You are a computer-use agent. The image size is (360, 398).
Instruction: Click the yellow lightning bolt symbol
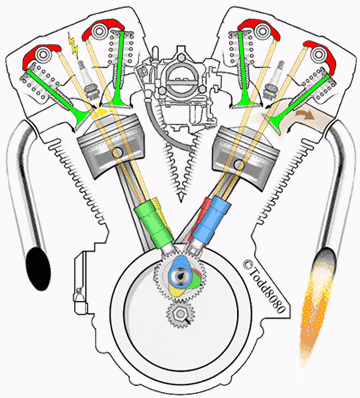(72, 46)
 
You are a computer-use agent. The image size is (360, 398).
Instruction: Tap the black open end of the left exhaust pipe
(38, 266)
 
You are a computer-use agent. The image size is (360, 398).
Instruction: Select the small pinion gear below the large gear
(181, 318)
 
